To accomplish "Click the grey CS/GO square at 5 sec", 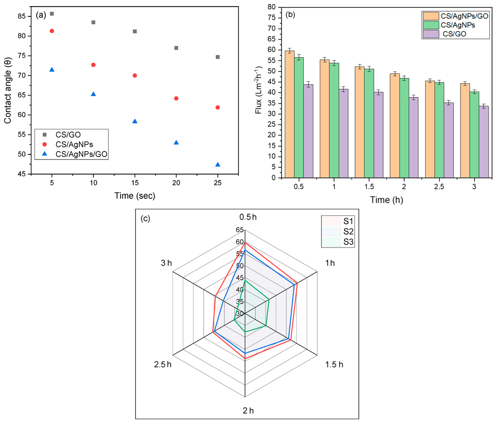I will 52,14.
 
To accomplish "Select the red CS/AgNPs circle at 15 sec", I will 135,76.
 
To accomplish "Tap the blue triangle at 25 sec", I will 218,164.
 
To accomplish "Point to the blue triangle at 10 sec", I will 93,94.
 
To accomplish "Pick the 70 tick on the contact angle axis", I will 24,76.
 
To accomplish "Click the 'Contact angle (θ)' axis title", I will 8,91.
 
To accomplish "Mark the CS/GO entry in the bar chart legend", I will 454,34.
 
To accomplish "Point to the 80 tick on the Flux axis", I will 272,7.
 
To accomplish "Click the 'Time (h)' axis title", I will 386,200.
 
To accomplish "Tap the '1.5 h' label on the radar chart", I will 334,364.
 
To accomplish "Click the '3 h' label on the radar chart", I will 166,263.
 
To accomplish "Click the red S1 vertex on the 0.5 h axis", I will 245,242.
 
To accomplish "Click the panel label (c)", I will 146,219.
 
